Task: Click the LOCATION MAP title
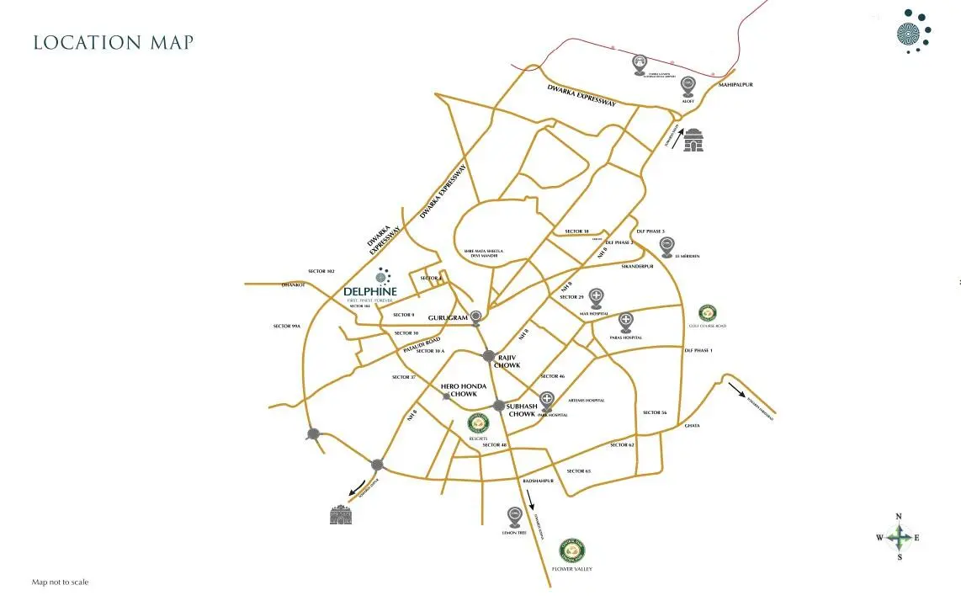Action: point(113,42)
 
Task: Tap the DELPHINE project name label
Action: point(370,292)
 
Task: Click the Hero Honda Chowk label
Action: point(464,390)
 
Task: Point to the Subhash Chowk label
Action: point(522,410)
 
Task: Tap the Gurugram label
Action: point(448,318)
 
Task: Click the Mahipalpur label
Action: point(735,85)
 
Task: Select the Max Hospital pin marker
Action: point(597,297)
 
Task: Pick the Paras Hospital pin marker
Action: point(626,322)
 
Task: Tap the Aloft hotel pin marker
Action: point(688,85)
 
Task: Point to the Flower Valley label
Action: point(572,569)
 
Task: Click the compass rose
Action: point(899,537)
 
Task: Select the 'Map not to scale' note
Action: point(60,582)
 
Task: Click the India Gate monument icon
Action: point(693,140)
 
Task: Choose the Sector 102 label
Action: point(321,271)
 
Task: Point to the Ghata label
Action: point(692,426)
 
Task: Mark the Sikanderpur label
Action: point(637,266)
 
